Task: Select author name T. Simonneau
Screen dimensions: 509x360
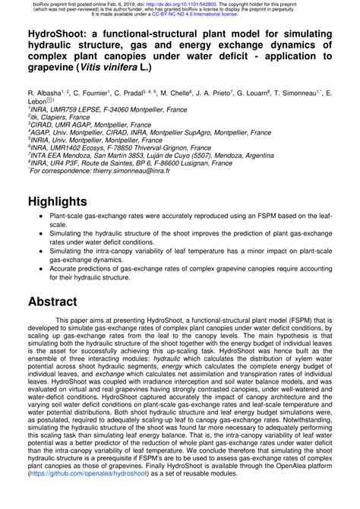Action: coord(302,90)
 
